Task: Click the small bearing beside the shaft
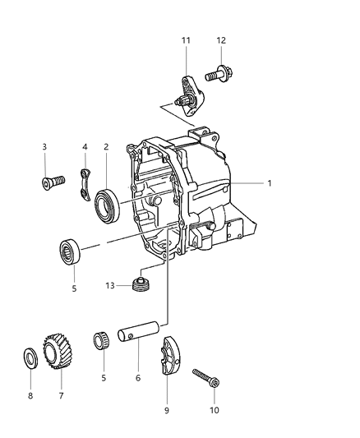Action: pos(104,340)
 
